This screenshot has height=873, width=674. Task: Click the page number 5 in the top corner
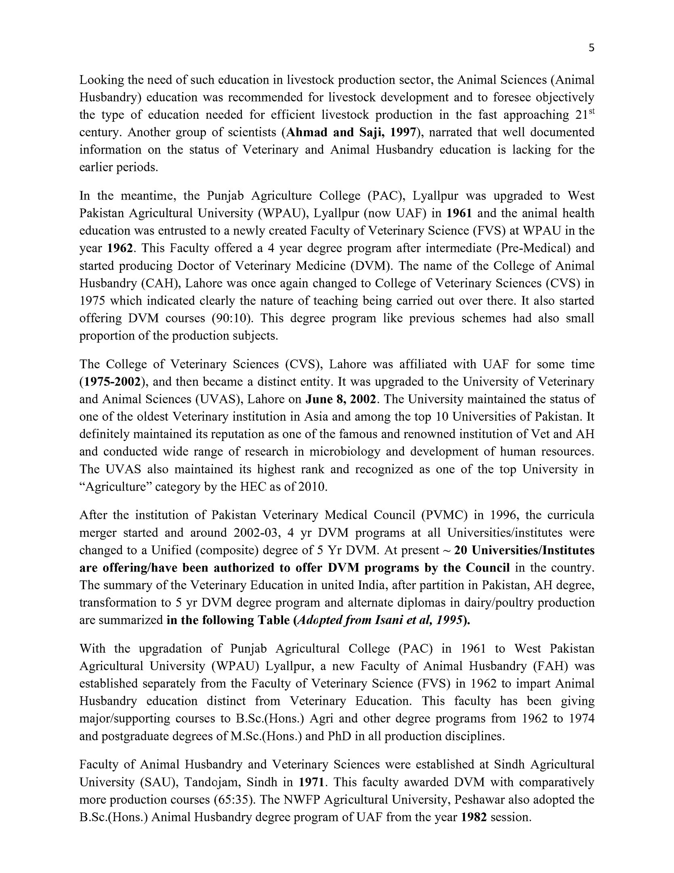pyautogui.click(x=591, y=48)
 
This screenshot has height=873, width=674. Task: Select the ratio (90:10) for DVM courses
pyautogui.click(x=232, y=318)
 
